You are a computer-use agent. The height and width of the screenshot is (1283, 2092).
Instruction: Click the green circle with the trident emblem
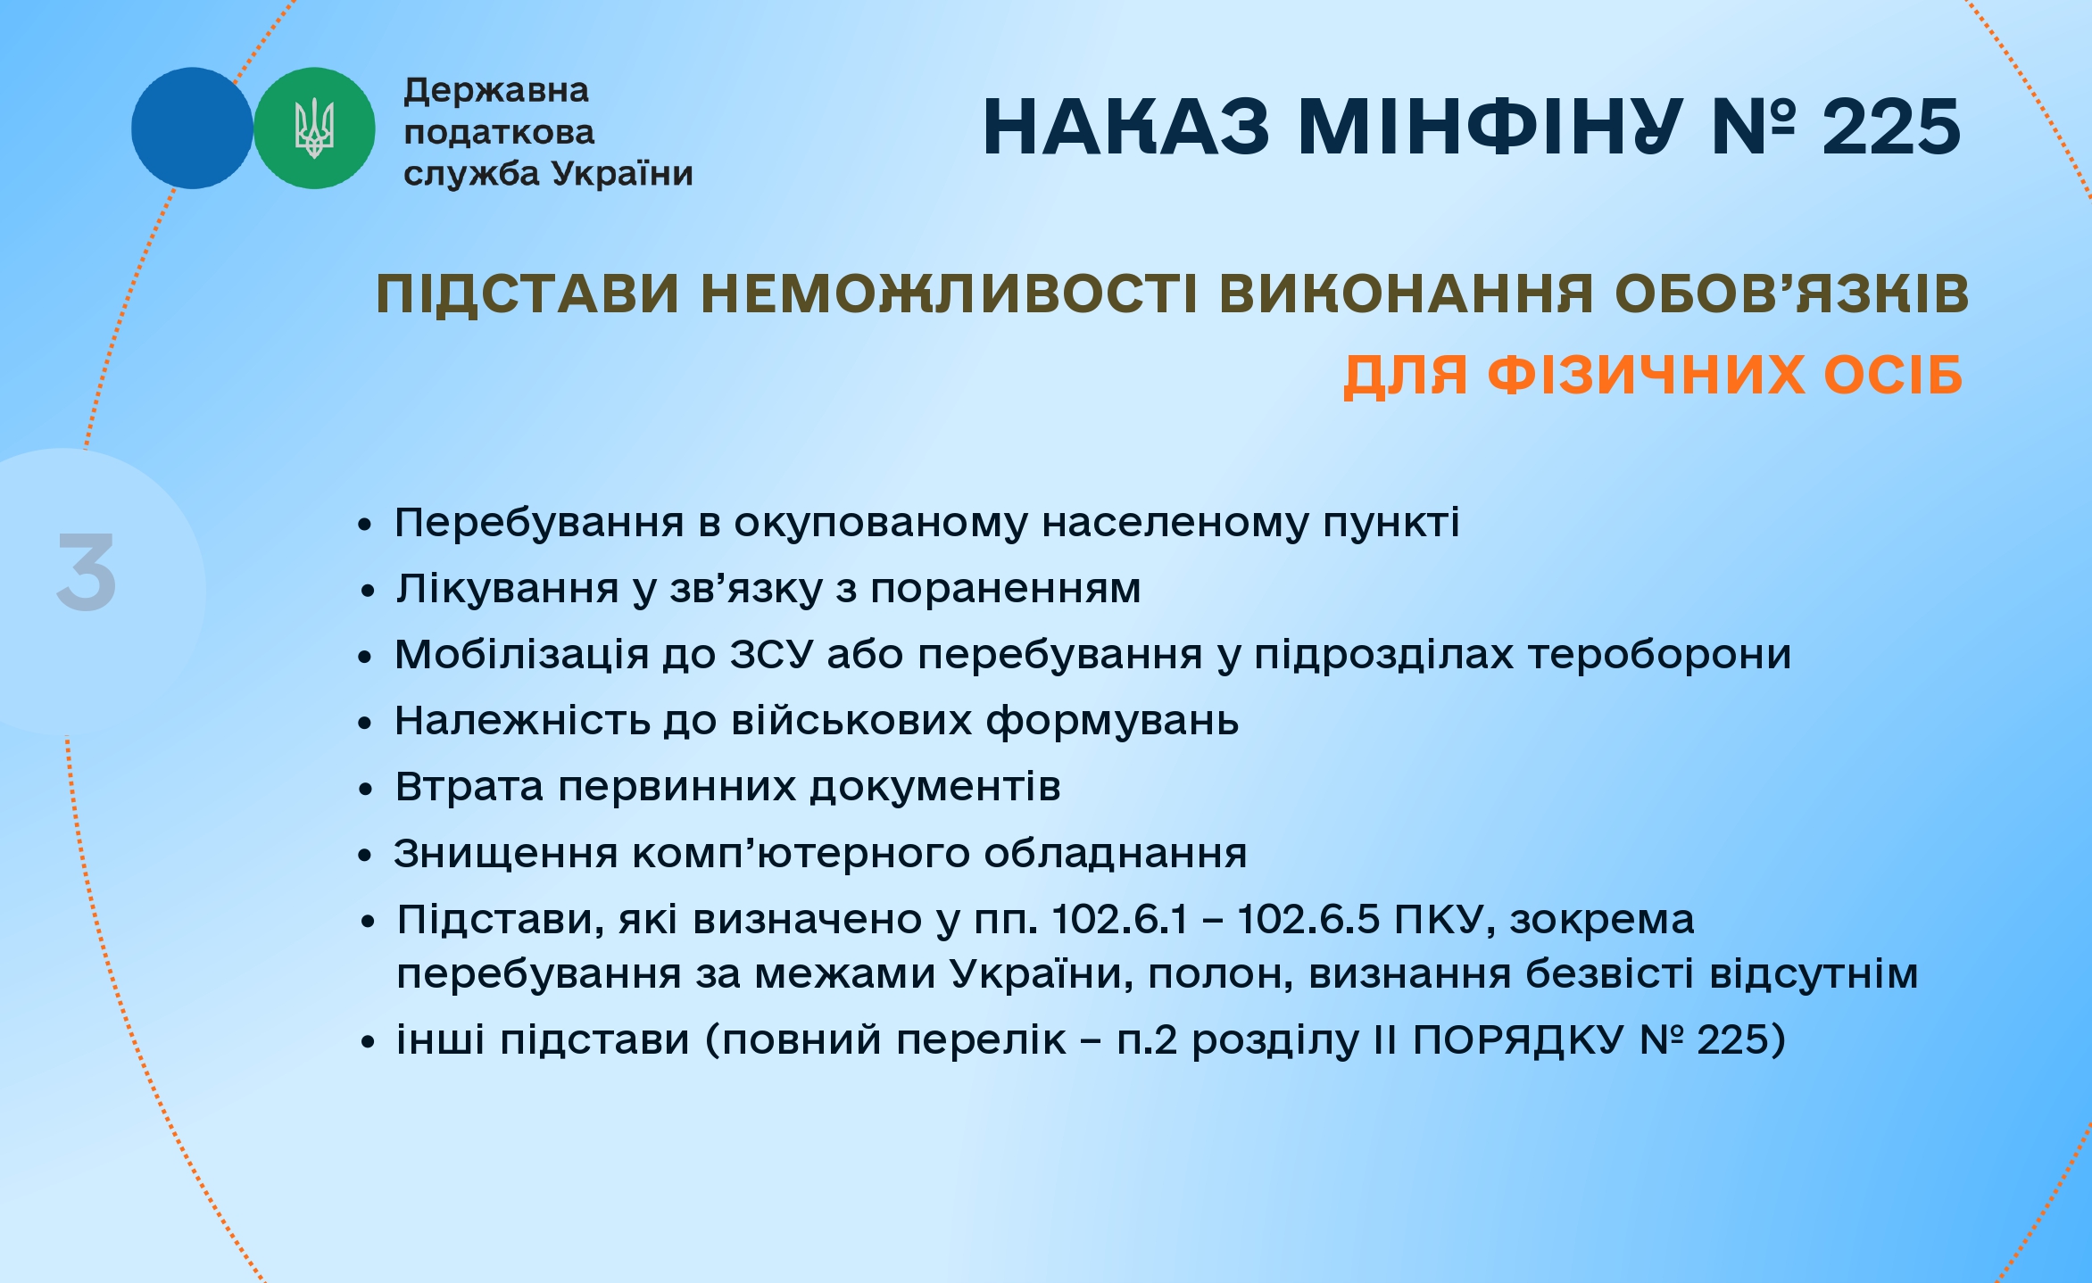pyautogui.click(x=314, y=128)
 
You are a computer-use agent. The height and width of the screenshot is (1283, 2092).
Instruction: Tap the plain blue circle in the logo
pyautogui.click(x=192, y=128)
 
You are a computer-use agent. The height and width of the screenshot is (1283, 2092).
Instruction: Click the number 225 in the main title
pyautogui.click(x=1891, y=127)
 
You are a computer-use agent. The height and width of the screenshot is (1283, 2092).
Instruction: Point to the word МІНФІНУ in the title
pyautogui.click(x=1490, y=127)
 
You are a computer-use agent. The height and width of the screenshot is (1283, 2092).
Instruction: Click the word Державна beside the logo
pyautogui.click(x=496, y=91)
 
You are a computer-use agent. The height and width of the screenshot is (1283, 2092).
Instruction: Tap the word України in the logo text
pyautogui.click(x=622, y=173)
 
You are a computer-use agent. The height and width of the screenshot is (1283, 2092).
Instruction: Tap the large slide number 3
pyautogui.click(x=87, y=572)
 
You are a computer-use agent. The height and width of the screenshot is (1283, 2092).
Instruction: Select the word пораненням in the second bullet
pyautogui.click(x=1006, y=590)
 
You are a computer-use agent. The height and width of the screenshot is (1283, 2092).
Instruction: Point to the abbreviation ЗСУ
pyautogui.click(x=772, y=654)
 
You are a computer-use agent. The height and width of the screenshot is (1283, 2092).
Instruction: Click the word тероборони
pyautogui.click(x=1660, y=655)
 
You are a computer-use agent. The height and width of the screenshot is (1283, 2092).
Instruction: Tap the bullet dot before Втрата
pyautogui.click(x=365, y=789)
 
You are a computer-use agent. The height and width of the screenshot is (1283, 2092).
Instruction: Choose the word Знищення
pyautogui.click(x=506, y=854)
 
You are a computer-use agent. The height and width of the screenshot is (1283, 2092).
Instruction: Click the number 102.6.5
pyautogui.click(x=1309, y=920)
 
